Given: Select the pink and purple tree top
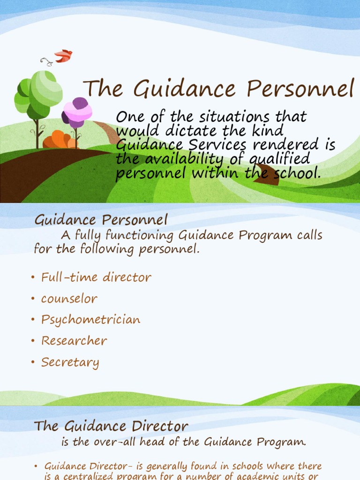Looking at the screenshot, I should click(77, 112).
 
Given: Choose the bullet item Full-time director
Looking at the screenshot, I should click(96, 277).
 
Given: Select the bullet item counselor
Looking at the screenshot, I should click(69, 299).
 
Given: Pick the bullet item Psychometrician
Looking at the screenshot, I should click(90, 320).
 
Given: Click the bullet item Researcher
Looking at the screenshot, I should click(74, 341).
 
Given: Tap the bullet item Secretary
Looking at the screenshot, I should click(70, 362).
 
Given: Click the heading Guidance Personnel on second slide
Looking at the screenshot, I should click(101, 219).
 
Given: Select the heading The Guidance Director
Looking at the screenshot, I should click(111, 426).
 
